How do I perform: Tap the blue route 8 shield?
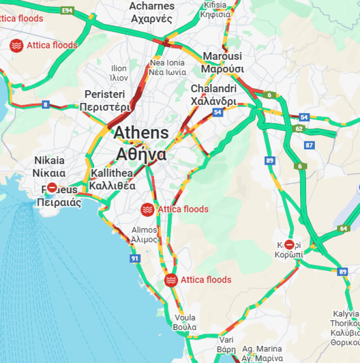click(x=46, y=104)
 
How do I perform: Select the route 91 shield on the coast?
click(x=134, y=258)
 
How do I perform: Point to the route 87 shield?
click(x=309, y=145)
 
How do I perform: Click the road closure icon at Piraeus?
click(x=52, y=188)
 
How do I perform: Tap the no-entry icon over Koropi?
click(x=289, y=244)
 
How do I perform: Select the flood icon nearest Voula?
click(x=171, y=280)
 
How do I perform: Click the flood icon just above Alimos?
click(x=147, y=209)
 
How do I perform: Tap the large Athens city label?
click(x=141, y=143)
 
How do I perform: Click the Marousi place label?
click(x=222, y=62)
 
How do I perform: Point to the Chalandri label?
click(x=213, y=95)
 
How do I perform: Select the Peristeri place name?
click(x=105, y=101)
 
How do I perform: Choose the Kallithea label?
click(x=112, y=180)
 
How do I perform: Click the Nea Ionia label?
click(x=167, y=67)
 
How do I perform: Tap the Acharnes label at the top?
click(x=152, y=12)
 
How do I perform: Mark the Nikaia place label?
click(x=49, y=167)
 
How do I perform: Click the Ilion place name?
click(x=119, y=73)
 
